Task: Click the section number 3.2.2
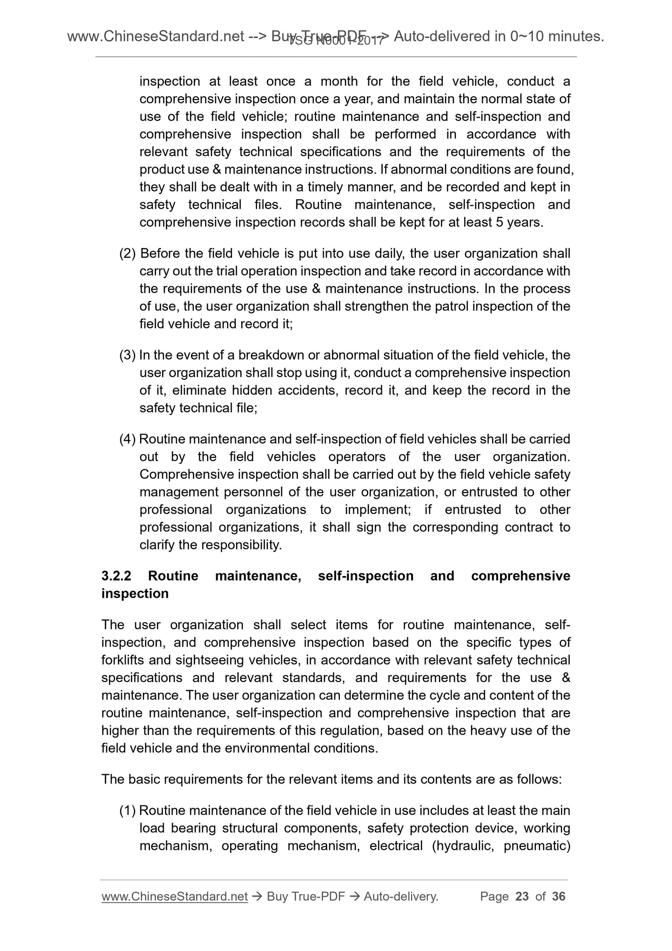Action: (116, 576)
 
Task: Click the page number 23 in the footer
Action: (522, 897)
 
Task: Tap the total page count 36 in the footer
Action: (559, 897)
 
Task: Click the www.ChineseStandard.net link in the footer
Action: (174, 897)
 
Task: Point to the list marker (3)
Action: (127, 355)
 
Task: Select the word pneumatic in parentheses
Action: (537, 845)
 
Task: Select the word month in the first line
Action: (339, 81)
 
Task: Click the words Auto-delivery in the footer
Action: (401, 897)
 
